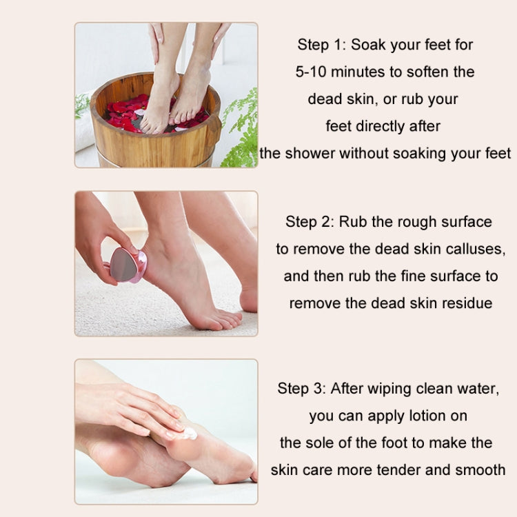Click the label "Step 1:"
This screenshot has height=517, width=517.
pyautogui.click(x=321, y=45)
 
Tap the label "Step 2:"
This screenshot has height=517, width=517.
pyautogui.click(x=310, y=221)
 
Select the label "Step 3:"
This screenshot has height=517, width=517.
pyautogui.click(x=301, y=388)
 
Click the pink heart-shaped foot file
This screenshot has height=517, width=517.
pyautogui.click(x=127, y=266)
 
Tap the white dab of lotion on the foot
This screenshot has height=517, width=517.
pyautogui.click(x=187, y=434)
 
